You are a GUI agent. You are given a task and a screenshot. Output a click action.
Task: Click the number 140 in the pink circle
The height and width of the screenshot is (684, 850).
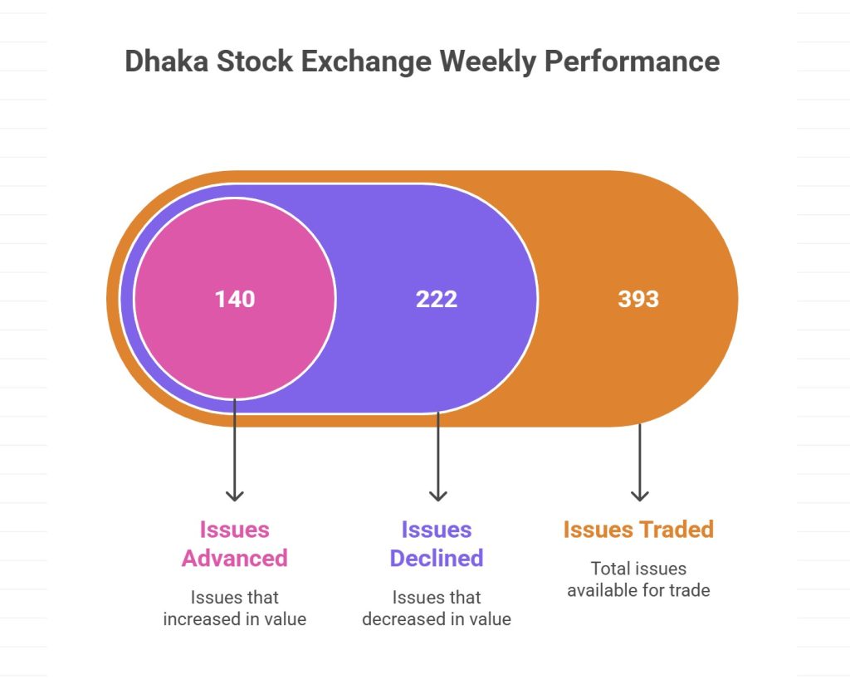coord(235,299)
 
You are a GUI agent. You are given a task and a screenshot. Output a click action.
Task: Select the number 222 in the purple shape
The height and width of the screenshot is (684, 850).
coord(437,299)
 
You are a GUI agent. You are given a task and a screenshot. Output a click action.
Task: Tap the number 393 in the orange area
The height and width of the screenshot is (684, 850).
coord(638,299)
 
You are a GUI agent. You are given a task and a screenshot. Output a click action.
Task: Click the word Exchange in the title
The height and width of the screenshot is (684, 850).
coord(369,62)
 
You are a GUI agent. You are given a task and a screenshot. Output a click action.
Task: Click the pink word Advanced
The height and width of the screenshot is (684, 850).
coord(235,558)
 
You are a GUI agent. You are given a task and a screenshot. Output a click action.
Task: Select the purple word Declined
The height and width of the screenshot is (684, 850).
coord(437,558)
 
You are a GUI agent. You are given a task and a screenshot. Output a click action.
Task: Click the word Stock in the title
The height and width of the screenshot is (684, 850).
coord(249,62)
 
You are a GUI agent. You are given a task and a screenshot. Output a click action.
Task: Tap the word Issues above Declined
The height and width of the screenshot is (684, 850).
coord(437,530)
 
